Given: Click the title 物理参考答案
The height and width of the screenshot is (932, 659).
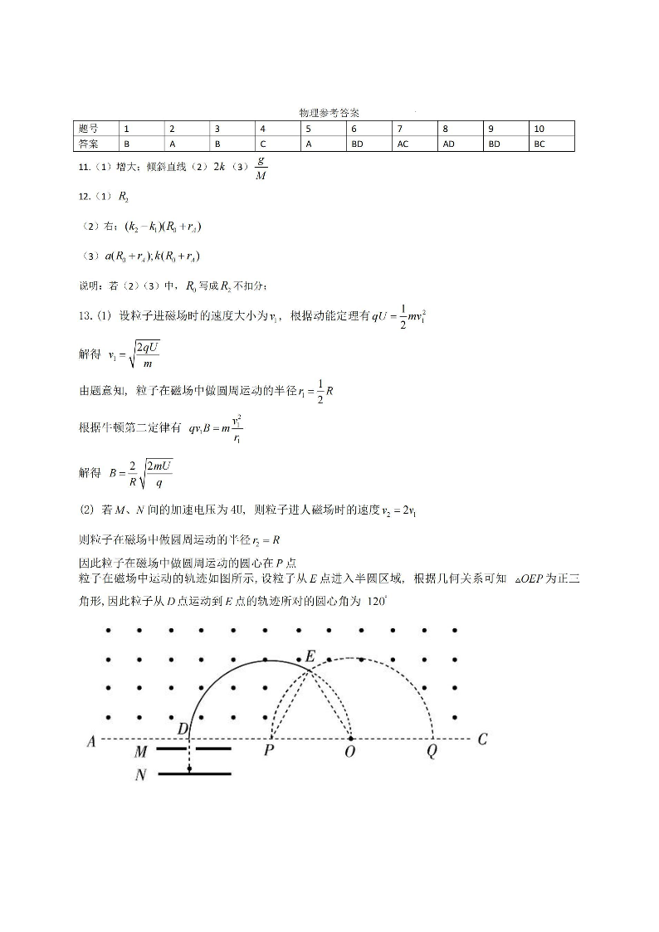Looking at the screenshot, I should coord(329,112).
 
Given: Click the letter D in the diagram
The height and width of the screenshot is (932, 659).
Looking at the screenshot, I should coord(183,728).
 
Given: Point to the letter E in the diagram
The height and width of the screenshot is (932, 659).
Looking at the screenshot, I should coord(310,656).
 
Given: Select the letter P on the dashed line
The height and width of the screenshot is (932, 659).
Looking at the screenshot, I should coord(269,751).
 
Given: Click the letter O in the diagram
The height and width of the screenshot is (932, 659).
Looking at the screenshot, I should coord(350,751).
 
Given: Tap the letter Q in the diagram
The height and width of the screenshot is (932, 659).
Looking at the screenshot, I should coord(432,751).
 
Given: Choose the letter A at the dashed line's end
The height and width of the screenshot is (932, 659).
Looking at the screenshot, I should coord(90,742).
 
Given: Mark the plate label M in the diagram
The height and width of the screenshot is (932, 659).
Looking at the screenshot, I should coord(141,752).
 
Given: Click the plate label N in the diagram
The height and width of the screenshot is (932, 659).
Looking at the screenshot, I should coord(141,776).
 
